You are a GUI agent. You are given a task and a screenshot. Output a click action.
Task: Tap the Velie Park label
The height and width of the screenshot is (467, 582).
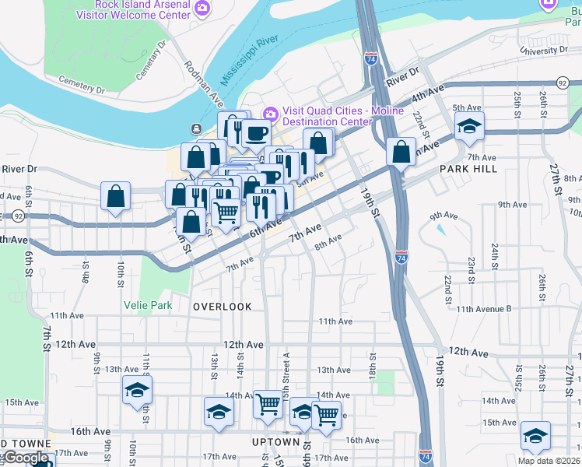[x=148, y=306]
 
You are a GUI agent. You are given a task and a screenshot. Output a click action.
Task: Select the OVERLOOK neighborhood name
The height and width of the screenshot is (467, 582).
[x=223, y=307]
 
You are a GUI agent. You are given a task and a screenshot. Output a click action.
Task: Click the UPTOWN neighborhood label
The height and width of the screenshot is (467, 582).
[x=275, y=442]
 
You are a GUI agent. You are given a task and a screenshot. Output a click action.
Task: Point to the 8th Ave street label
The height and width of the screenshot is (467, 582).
[x=328, y=243]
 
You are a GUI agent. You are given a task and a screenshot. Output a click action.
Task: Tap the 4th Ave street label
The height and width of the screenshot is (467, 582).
[x=428, y=93]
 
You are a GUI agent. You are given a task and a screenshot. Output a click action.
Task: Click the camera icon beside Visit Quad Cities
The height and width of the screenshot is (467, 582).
[x=270, y=114]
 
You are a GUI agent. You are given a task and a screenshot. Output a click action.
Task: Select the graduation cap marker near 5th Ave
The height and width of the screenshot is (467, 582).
[x=470, y=125]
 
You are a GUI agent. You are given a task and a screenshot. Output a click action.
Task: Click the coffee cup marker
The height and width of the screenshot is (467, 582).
[x=255, y=132]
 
